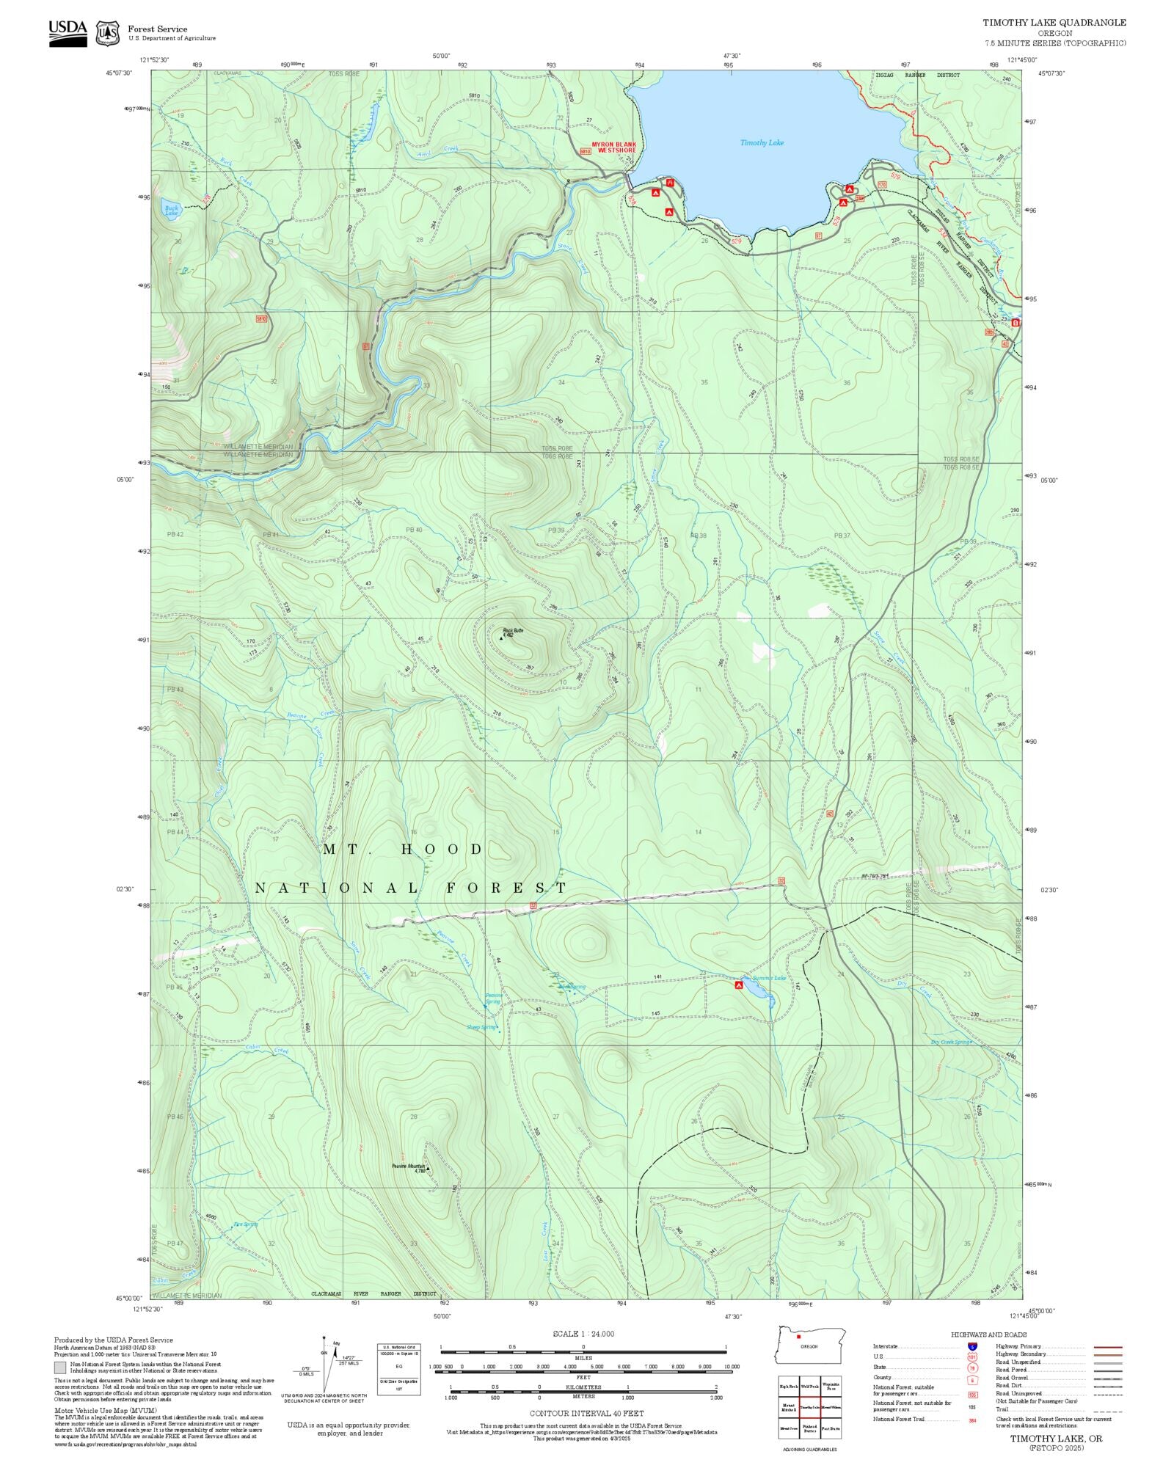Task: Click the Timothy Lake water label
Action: [762, 143]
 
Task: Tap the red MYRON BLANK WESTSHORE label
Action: [614, 147]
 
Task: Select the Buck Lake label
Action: [171, 210]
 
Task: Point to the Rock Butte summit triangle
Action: [501, 638]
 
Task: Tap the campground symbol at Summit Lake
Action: [739, 986]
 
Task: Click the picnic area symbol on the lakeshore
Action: [670, 181]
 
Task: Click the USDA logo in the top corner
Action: [68, 33]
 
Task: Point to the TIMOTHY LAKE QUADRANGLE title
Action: [1054, 23]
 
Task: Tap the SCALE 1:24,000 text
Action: [583, 1334]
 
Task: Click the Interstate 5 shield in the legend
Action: [972, 1347]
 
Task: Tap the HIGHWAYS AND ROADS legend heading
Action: [988, 1334]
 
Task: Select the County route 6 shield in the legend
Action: [972, 1380]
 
